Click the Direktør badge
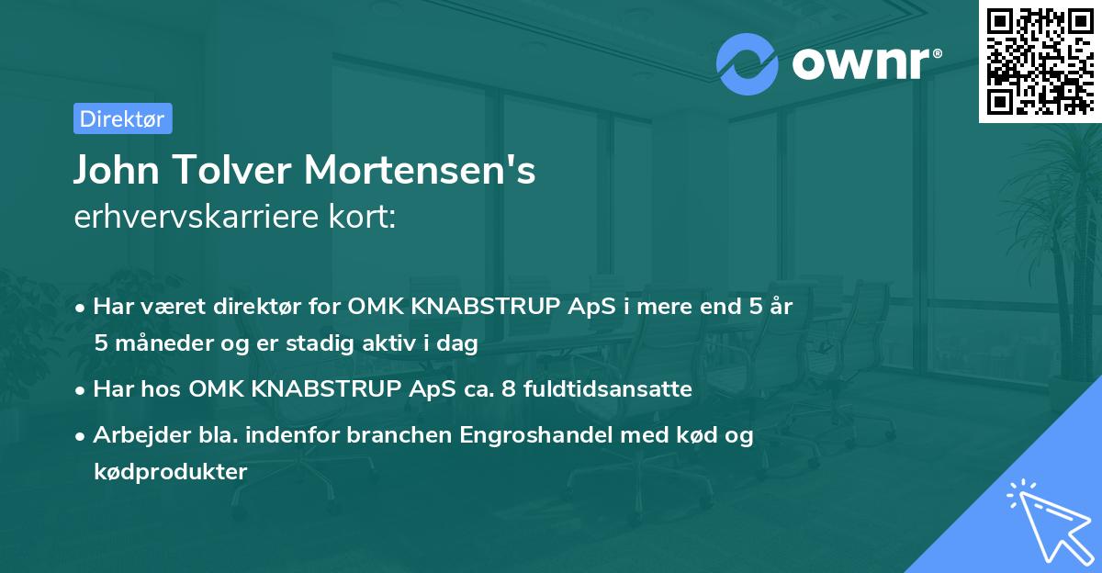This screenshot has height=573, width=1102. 122,118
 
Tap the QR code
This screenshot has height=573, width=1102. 1040,62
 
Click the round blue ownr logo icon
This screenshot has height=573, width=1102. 748,63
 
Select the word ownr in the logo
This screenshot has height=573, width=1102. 864,64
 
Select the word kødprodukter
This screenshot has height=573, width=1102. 170,472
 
